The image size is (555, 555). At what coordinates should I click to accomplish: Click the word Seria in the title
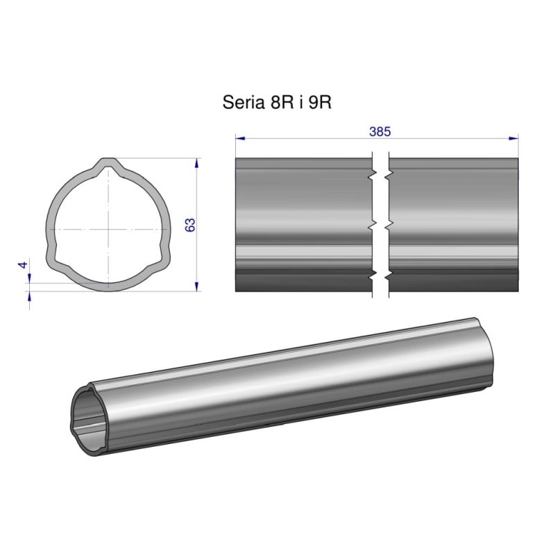pos(241,103)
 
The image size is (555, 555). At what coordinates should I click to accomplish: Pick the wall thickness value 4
pos(24,265)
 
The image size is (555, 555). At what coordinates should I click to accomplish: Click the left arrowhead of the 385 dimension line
pos(239,139)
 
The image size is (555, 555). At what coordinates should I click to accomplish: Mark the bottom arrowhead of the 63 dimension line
pos(198,286)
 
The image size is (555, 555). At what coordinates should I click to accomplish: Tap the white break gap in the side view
pos(381,225)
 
